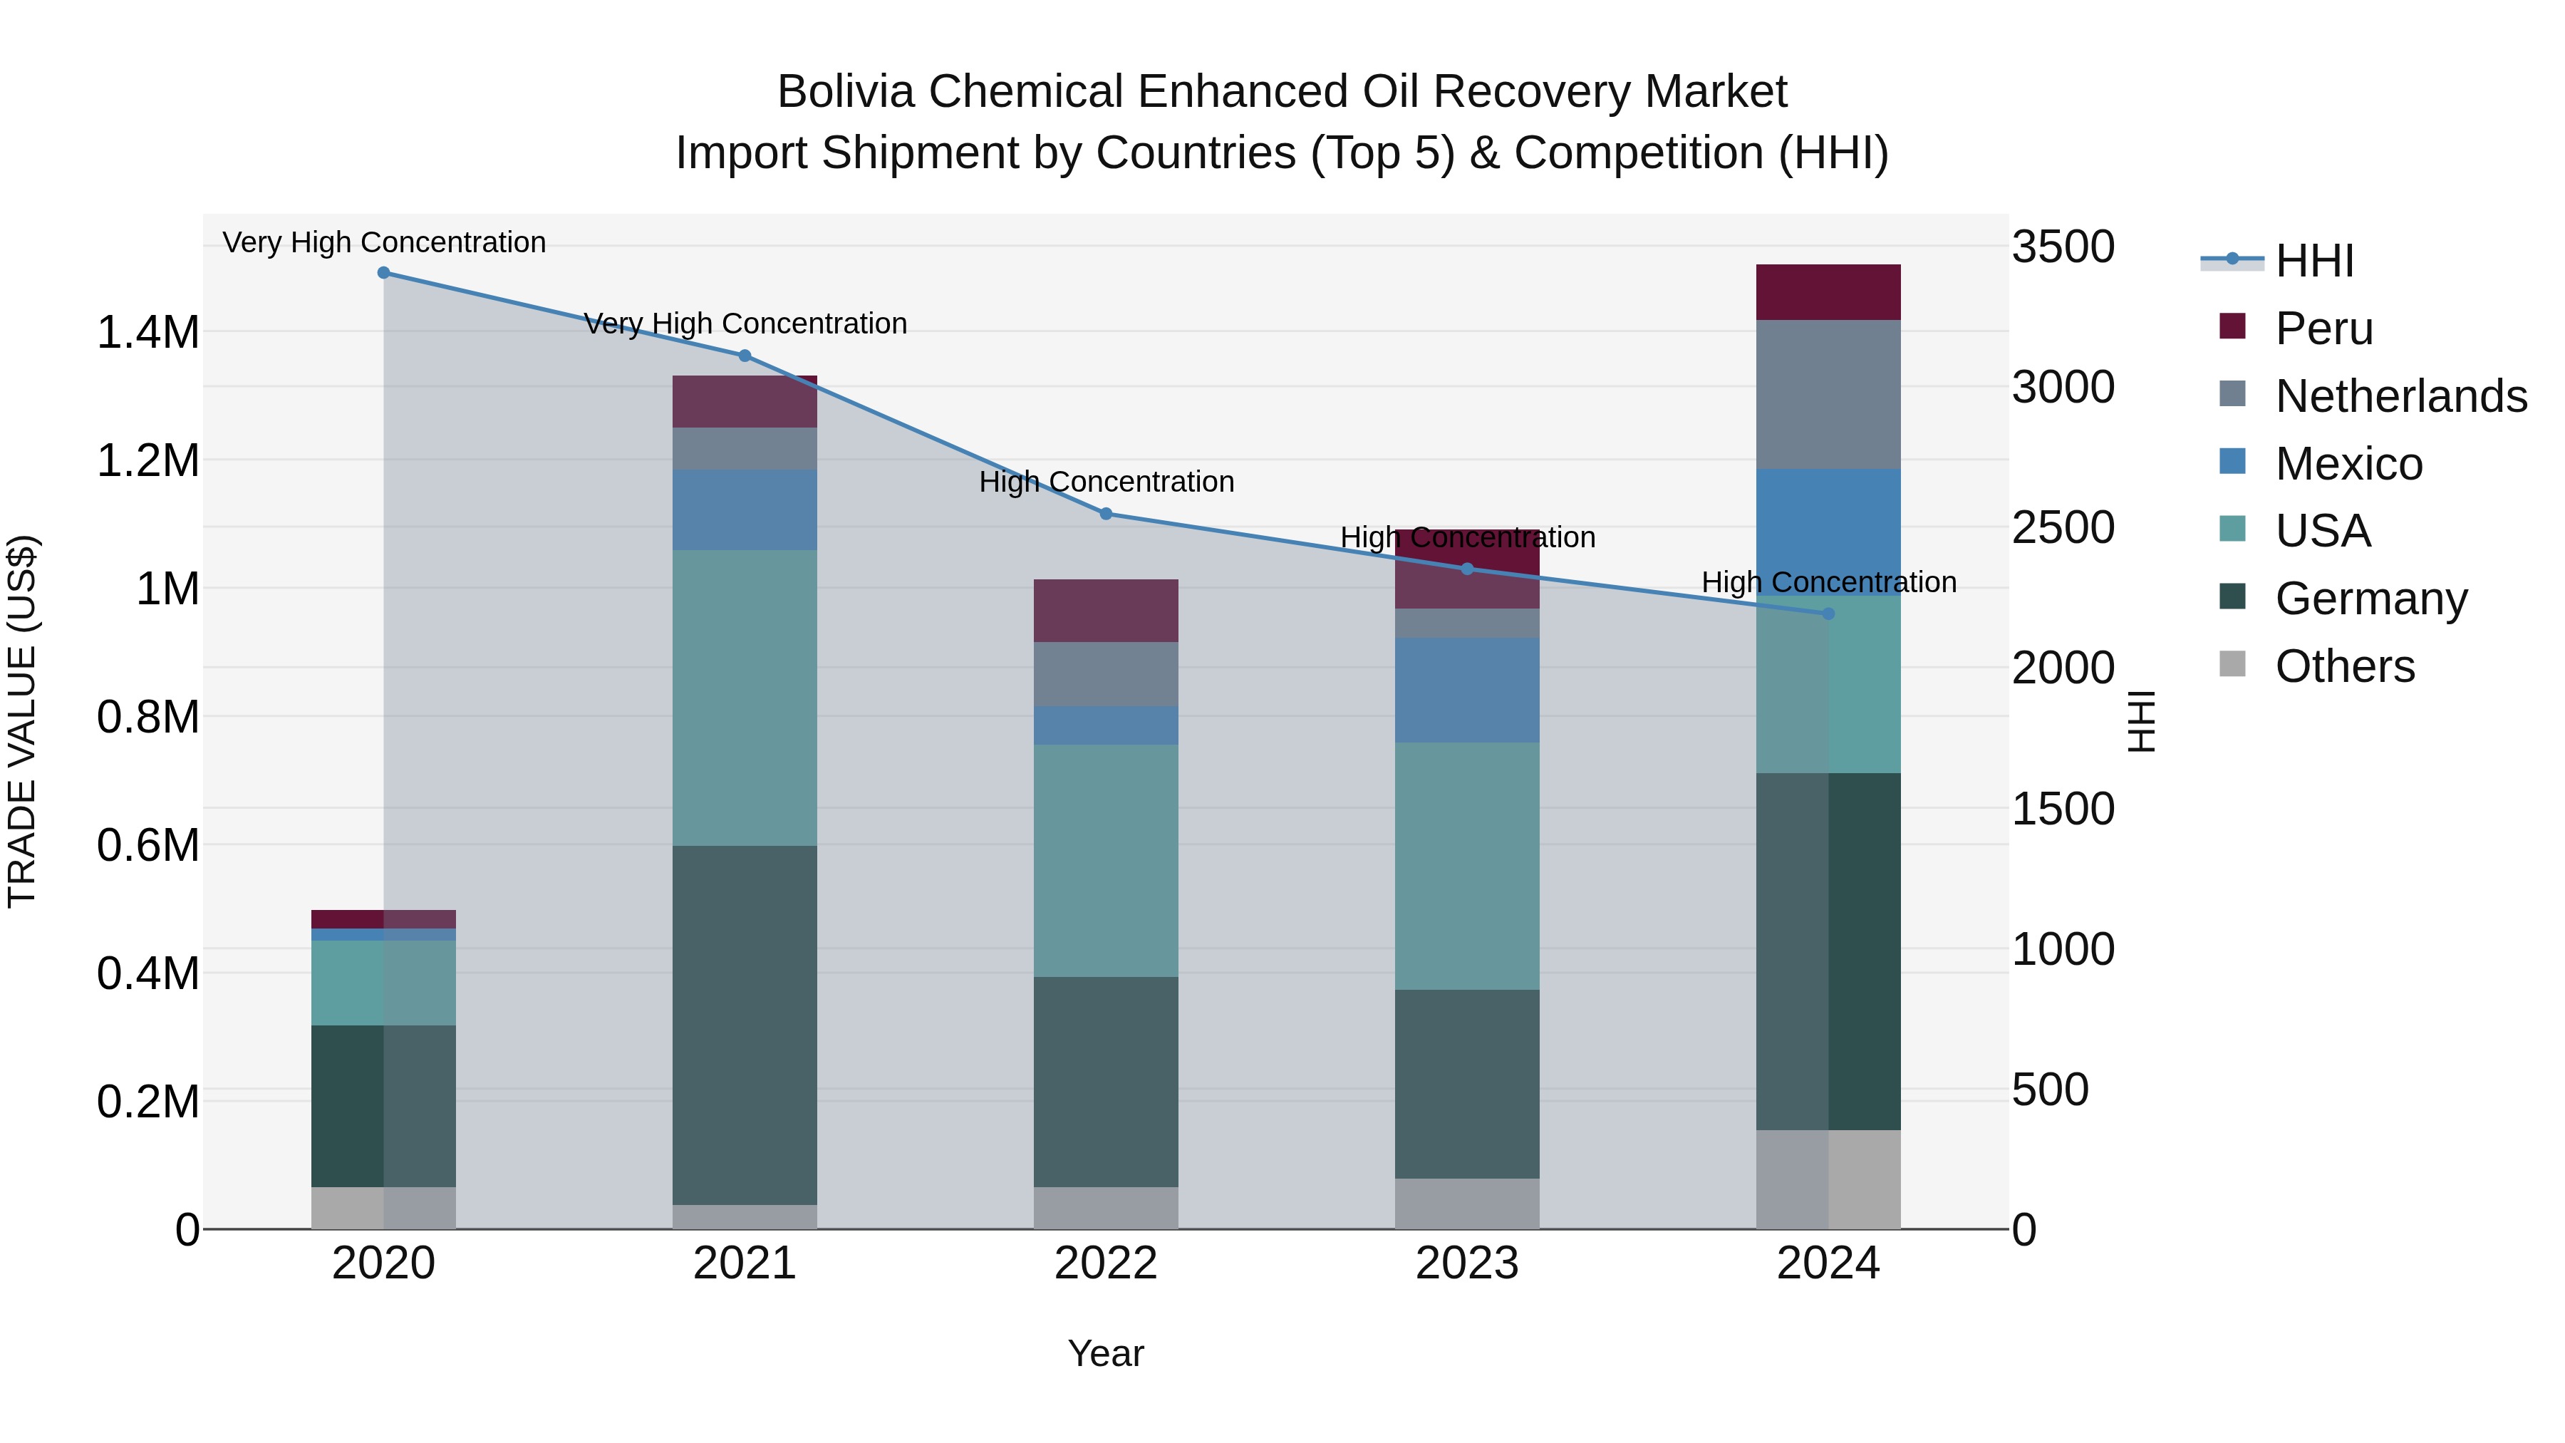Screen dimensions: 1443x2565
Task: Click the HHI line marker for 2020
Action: [383, 273]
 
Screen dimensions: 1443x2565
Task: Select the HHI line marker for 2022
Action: [1105, 514]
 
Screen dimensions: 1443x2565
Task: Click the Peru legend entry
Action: [2324, 329]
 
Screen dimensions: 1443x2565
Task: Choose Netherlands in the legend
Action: [2400, 396]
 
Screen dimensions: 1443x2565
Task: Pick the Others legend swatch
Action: [2232, 664]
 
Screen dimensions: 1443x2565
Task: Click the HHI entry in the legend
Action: [2314, 261]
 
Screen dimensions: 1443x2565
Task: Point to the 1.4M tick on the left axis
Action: [147, 333]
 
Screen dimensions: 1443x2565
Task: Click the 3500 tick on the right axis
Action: [2062, 247]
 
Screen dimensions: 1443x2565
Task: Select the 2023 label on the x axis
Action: [1467, 1263]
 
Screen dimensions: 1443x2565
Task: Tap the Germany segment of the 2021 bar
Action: [745, 1025]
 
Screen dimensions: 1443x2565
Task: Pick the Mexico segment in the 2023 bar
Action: [1467, 690]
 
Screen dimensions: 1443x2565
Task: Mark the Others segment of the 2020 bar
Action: [383, 1207]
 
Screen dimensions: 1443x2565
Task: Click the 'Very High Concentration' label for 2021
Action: [745, 324]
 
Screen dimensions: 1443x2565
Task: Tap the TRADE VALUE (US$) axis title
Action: [22, 721]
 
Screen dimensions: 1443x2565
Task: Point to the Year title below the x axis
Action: [1105, 1353]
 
